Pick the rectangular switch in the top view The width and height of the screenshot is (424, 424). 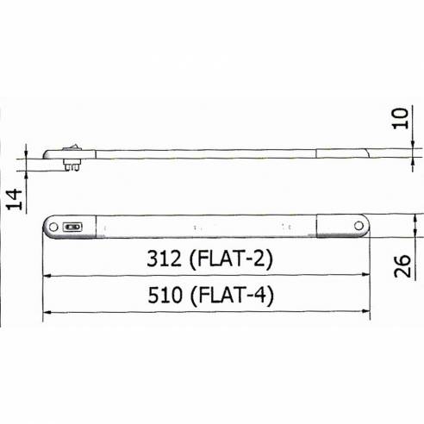click(x=72, y=228)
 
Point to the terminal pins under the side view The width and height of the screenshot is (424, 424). click(x=73, y=170)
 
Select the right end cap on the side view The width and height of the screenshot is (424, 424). click(x=345, y=155)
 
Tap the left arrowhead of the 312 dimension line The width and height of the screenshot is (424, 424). click(x=48, y=276)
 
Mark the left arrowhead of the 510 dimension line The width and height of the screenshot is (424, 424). click(x=48, y=314)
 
